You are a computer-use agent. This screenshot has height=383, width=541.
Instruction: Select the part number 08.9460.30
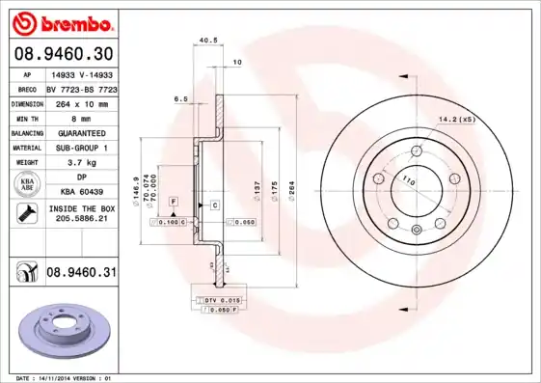click(x=63, y=54)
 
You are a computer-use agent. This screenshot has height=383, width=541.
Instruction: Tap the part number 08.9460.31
click(x=82, y=273)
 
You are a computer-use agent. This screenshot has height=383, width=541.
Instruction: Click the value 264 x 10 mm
click(x=80, y=101)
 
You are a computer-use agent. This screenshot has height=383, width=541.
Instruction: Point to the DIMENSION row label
click(x=28, y=101)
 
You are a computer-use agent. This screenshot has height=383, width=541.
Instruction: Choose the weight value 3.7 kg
click(x=80, y=163)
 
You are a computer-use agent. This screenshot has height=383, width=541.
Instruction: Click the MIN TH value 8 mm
click(x=80, y=117)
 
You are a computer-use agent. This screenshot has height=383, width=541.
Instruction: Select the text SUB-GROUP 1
click(x=80, y=148)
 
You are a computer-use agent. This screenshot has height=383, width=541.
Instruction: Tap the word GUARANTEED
click(x=80, y=132)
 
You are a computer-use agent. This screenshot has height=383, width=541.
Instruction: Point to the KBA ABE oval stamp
click(x=27, y=185)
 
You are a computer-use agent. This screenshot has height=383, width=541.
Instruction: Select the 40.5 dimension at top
click(x=205, y=40)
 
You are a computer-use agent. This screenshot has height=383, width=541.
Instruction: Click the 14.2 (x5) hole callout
click(x=456, y=119)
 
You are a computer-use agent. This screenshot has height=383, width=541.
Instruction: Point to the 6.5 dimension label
click(x=180, y=98)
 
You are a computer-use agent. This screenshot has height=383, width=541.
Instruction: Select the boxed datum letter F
click(x=173, y=200)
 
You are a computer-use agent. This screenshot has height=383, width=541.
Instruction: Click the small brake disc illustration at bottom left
click(x=65, y=330)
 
